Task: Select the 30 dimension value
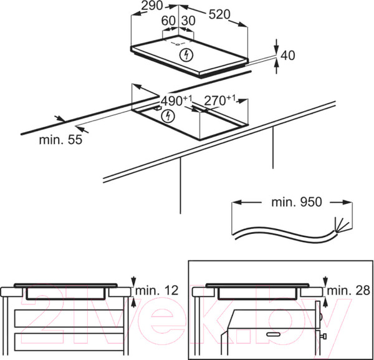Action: point(187,21)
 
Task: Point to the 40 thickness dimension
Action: point(287,56)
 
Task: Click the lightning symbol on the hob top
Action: point(185,55)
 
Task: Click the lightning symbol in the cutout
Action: point(166,116)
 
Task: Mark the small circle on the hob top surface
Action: point(178,44)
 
